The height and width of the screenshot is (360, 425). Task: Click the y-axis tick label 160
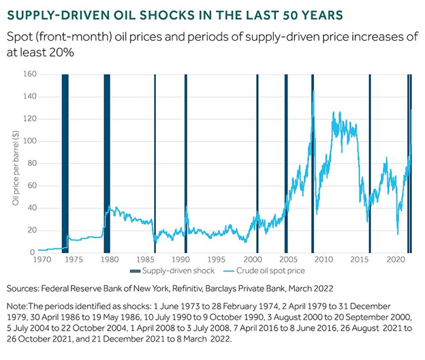pyautogui.click(x=29, y=74)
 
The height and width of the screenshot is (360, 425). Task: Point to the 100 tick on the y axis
pyautogui.click(x=29, y=141)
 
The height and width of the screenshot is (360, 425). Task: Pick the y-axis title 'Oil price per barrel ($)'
pyautogui.click(x=15, y=164)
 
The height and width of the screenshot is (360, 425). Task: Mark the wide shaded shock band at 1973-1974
pyautogui.click(x=65, y=163)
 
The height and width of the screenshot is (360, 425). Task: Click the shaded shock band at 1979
pyautogui.click(x=107, y=163)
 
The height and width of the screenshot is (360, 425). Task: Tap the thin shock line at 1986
pyautogui.click(x=155, y=163)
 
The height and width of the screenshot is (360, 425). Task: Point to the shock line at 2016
pyautogui.click(x=370, y=163)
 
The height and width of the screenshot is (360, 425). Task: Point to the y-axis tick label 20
pyautogui.click(x=31, y=230)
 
